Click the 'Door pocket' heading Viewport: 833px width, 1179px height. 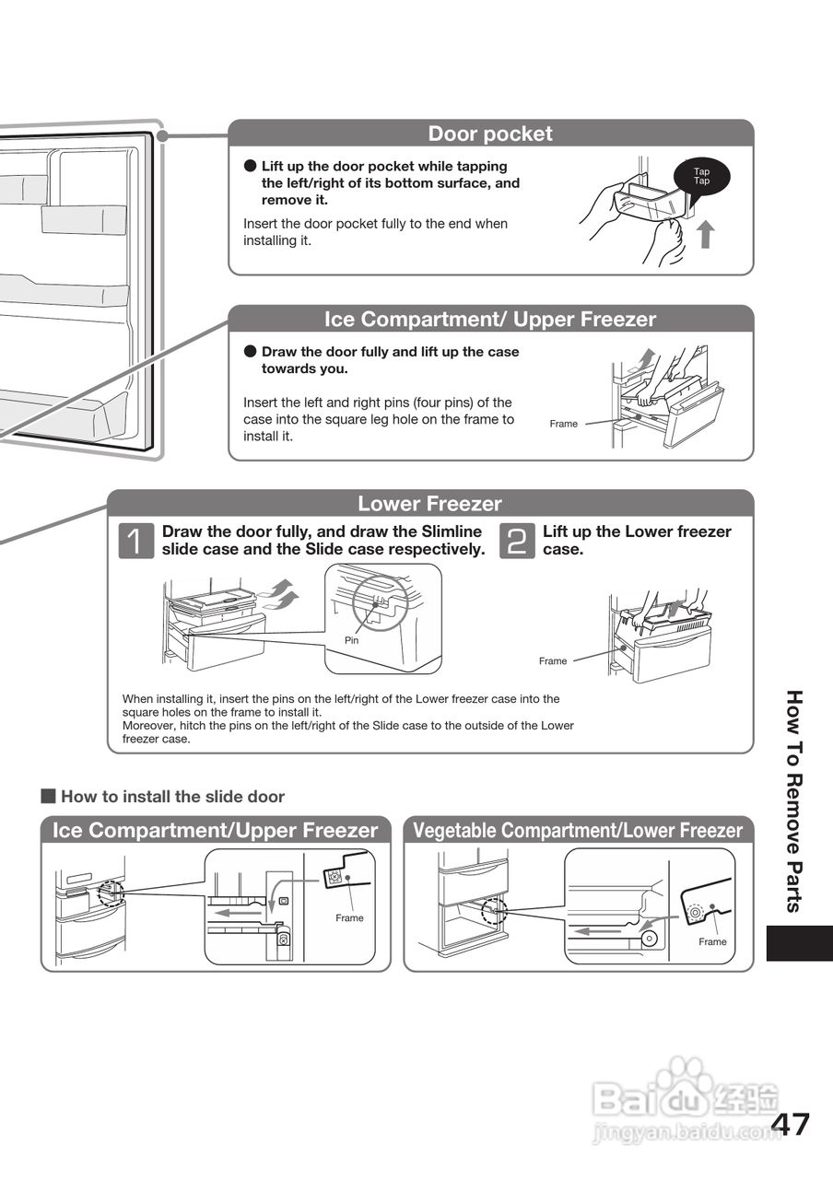coord(490,134)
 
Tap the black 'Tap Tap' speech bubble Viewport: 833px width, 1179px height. coord(701,176)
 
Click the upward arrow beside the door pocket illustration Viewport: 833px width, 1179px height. coord(705,234)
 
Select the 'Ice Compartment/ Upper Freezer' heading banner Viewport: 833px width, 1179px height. coord(490,320)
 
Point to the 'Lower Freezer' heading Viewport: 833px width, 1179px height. coord(429,504)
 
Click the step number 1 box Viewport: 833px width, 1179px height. coord(135,541)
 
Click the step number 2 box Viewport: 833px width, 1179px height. coord(516,541)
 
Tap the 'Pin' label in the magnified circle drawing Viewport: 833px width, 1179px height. coord(351,640)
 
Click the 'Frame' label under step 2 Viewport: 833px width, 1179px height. coord(553,661)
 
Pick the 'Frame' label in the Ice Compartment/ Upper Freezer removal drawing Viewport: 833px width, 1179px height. coord(563,424)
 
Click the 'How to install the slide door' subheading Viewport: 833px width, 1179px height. coord(172,797)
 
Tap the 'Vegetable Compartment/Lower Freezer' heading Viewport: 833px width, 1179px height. coord(578,831)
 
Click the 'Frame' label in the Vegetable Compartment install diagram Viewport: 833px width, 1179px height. coord(712,941)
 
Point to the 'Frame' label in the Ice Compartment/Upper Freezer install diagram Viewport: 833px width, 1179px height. coord(349,917)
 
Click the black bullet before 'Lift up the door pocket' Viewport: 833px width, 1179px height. coord(250,167)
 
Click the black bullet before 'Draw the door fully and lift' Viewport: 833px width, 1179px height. coord(250,352)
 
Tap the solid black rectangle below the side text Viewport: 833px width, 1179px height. coord(799,943)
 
